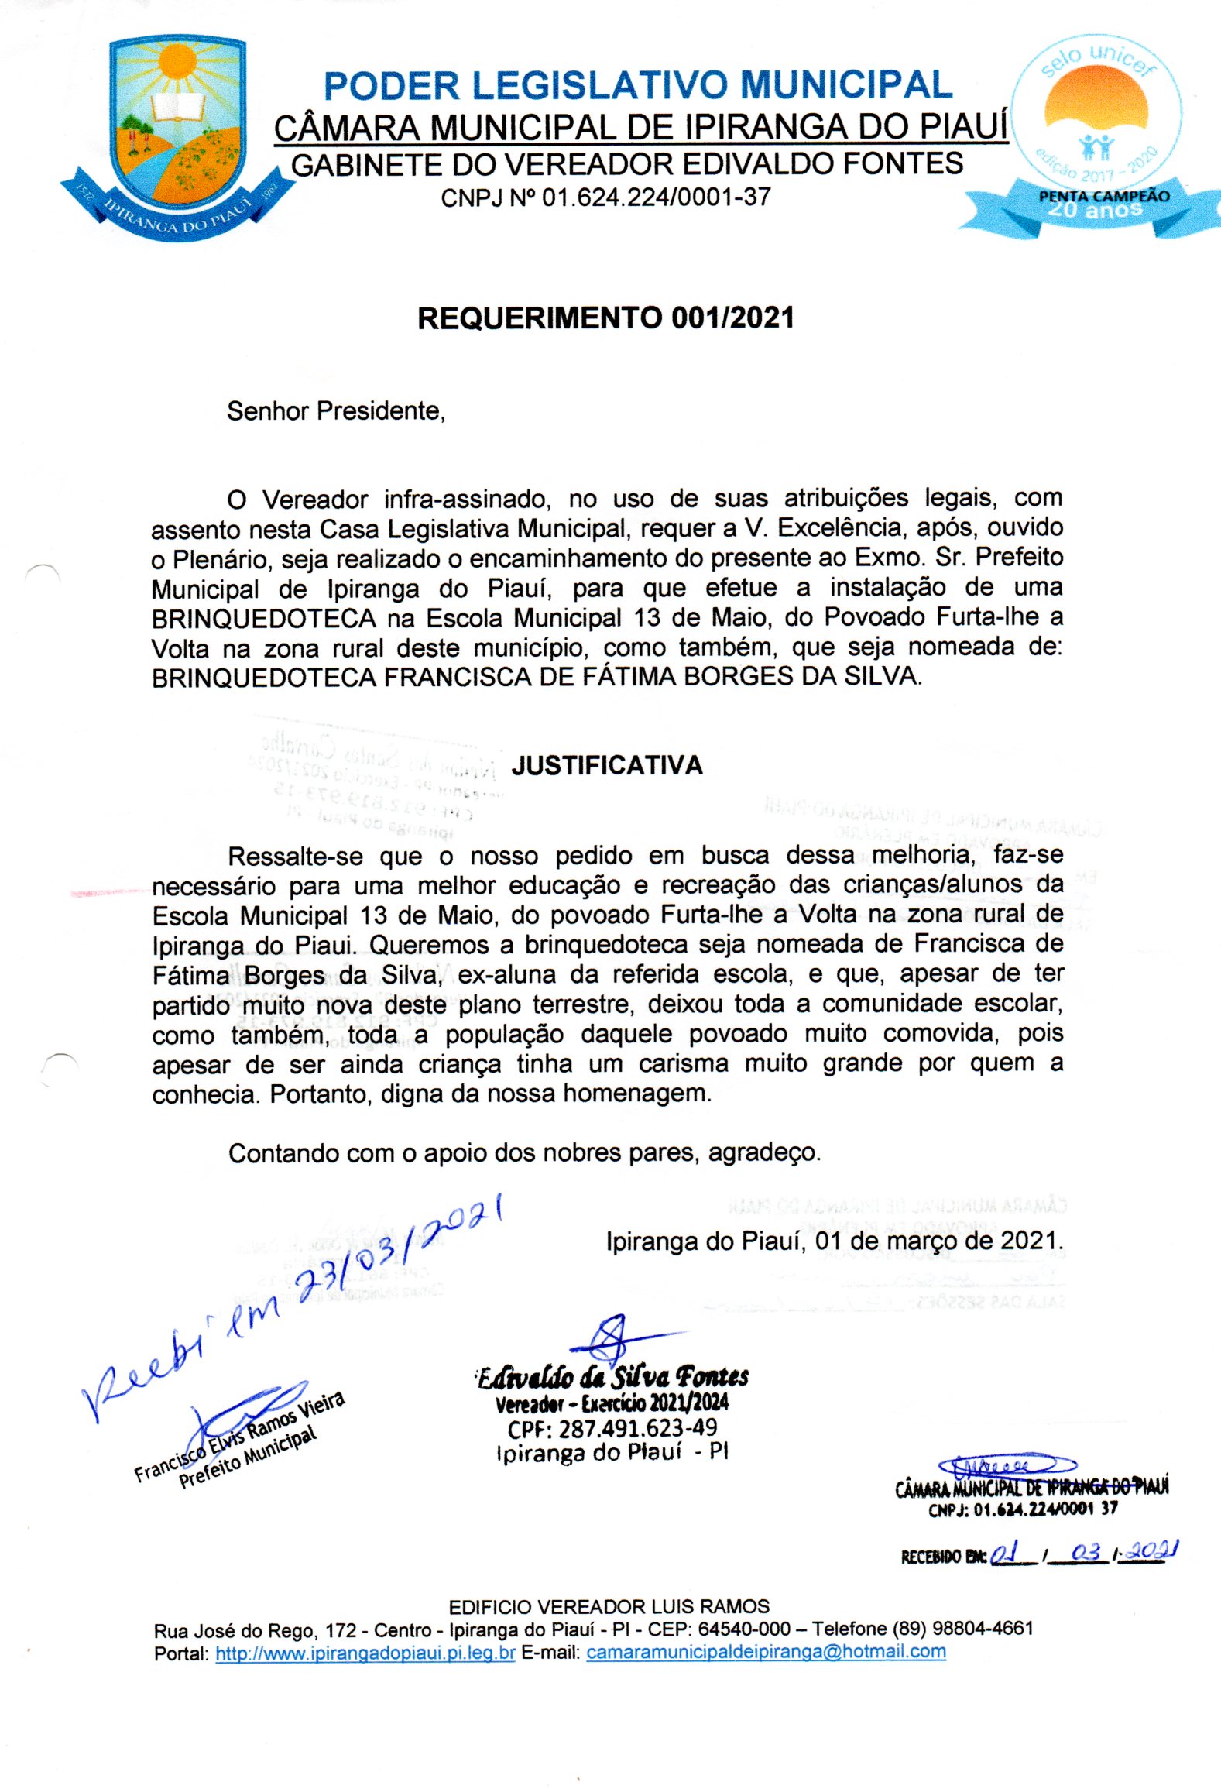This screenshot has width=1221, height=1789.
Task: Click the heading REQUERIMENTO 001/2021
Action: tap(605, 318)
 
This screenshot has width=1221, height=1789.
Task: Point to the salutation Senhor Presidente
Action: tap(335, 411)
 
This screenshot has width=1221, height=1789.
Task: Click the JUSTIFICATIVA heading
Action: tap(607, 765)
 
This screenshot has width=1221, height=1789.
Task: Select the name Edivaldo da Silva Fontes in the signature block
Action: tap(612, 1378)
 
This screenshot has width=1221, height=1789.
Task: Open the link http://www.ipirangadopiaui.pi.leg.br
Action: tap(365, 1653)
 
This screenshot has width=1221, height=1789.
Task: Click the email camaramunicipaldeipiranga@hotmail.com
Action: tap(766, 1651)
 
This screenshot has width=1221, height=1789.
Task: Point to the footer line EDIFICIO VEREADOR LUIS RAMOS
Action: tap(609, 1606)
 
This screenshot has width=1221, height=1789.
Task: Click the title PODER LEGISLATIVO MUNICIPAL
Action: tap(637, 85)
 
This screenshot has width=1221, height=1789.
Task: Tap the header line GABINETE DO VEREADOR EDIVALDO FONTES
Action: tap(626, 164)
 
